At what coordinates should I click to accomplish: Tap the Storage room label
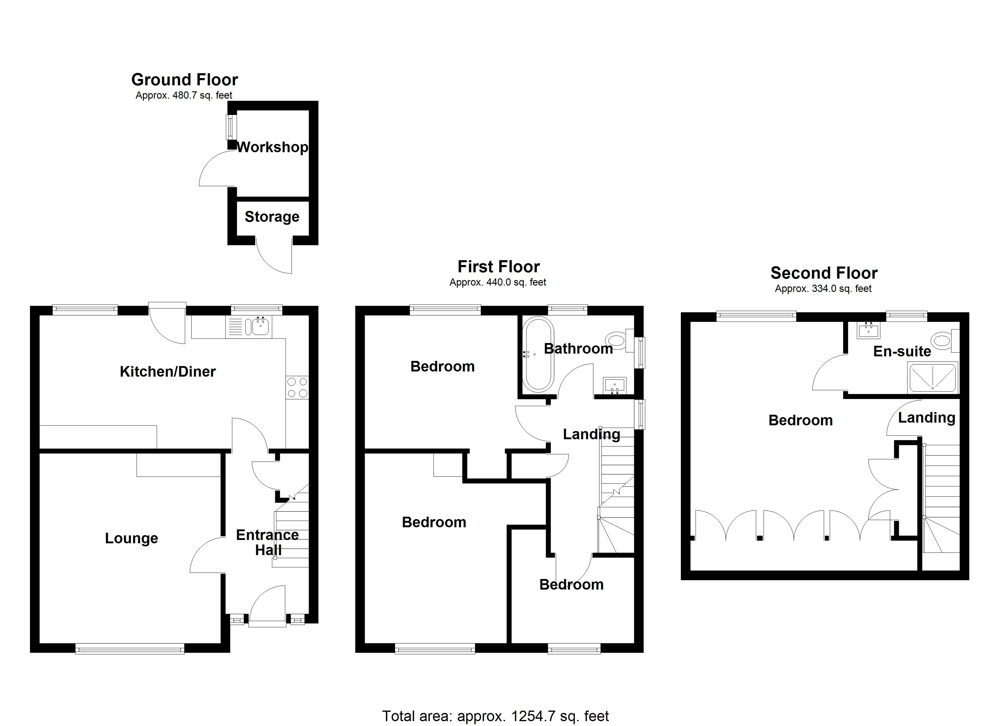(x=272, y=217)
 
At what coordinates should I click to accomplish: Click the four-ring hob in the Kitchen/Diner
(x=297, y=388)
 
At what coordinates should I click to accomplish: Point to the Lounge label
(x=131, y=538)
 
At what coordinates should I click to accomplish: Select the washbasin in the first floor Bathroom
(x=615, y=385)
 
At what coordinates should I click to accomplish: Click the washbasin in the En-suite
(x=868, y=330)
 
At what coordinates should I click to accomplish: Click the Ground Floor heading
(x=185, y=80)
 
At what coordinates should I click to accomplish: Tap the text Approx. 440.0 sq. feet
(x=498, y=282)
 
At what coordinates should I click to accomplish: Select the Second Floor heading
(x=824, y=273)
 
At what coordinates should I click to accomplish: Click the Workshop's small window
(x=230, y=127)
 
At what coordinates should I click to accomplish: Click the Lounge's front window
(x=130, y=649)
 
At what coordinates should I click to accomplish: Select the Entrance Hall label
(x=267, y=542)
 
